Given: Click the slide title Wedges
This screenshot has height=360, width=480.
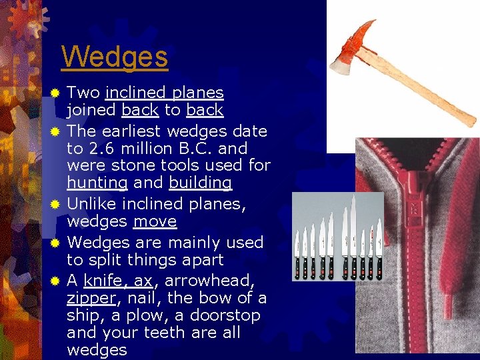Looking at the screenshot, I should coord(114,57).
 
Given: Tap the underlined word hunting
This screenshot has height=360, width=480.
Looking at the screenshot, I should coord(97,183).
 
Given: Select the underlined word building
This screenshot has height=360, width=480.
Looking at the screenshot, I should coord(200,183).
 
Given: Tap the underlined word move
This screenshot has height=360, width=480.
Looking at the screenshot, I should coord(155,221).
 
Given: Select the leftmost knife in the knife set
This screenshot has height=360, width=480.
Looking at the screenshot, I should coord(297,253).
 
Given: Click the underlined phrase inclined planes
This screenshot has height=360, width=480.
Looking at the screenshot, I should coord(164,93).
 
